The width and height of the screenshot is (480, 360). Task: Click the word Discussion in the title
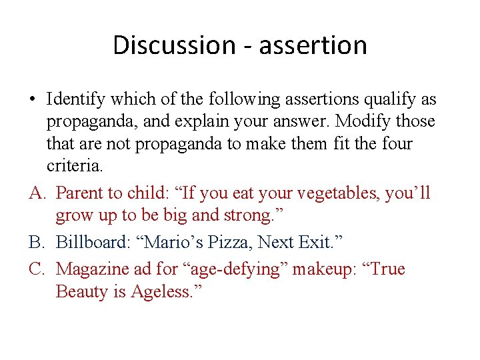(x=173, y=45)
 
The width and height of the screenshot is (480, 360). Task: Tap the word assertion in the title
(x=313, y=45)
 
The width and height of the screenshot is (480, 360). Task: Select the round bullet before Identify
(x=32, y=100)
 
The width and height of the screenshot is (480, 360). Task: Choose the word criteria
(x=73, y=165)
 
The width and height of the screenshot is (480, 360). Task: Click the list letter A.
(x=37, y=193)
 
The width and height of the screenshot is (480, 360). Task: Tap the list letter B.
(x=37, y=242)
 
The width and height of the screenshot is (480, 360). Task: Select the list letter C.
(x=37, y=269)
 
